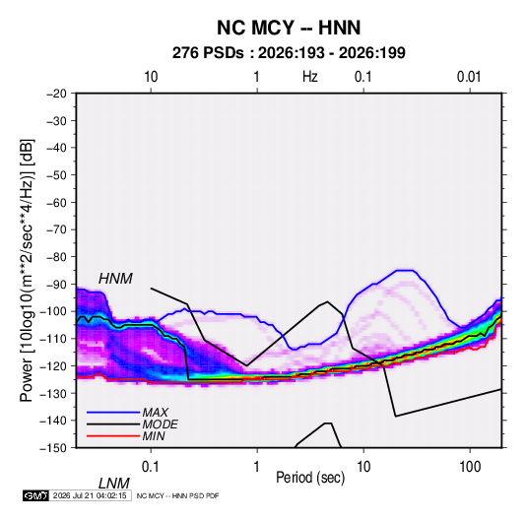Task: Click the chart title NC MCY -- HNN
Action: pos(289,28)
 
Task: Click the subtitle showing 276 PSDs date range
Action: pos(289,53)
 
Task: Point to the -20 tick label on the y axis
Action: pos(56,94)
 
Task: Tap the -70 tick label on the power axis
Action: pos(56,229)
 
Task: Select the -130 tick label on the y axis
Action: pos(53,393)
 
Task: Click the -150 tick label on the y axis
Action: pos(53,448)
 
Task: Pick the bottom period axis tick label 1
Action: pos(257,467)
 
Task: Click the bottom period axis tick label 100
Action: pos(470,467)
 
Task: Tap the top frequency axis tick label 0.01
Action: pos(469,77)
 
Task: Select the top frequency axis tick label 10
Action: pos(151,77)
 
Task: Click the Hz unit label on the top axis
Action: pos(310,77)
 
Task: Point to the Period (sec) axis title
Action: pos(310,478)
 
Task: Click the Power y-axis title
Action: pos(27,271)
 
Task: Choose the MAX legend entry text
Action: pos(156,412)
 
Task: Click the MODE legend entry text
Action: pos(160,424)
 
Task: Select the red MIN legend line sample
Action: pos(113,436)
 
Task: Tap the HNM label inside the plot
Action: pos(115,279)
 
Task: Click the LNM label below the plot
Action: pos(114,484)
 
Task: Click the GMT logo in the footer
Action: pos(35,495)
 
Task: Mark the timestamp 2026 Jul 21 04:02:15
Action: pos(90,495)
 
